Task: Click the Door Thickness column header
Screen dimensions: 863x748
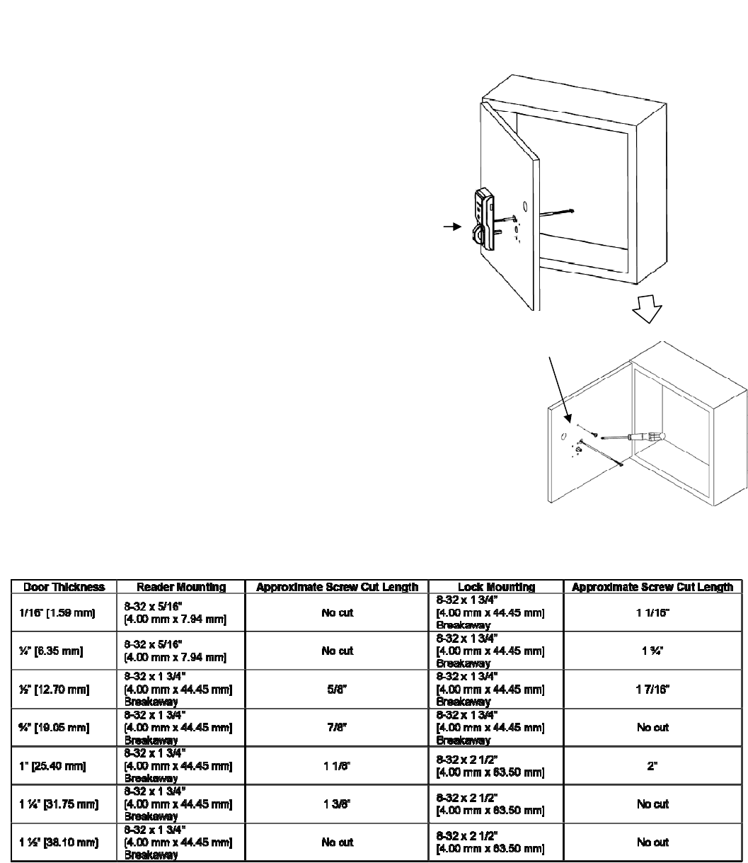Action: click(x=64, y=587)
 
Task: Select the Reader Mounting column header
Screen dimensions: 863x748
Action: click(x=181, y=587)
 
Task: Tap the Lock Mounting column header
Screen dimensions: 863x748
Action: click(x=496, y=587)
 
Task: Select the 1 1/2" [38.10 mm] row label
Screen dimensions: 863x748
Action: click(x=56, y=842)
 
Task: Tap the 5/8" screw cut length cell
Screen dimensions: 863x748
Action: click(x=337, y=689)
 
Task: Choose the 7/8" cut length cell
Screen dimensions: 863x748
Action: click(x=337, y=727)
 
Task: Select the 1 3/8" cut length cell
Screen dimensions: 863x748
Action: click(x=337, y=804)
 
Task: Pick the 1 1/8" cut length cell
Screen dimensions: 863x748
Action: click(x=337, y=765)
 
